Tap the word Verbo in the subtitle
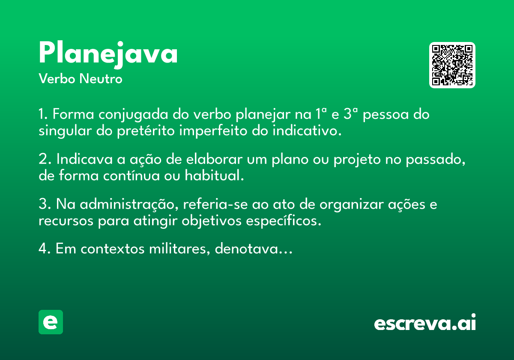pyautogui.click(x=57, y=79)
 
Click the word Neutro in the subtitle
pyautogui.click(x=101, y=79)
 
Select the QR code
pyautogui.click(x=452, y=65)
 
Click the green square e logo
pyautogui.click(x=51, y=322)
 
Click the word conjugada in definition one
pyautogui.click(x=133, y=114)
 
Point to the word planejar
pyautogui.click(x=263, y=114)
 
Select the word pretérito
pyautogui.click(x=146, y=131)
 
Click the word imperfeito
pyautogui.click(x=213, y=131)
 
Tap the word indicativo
pyautogui.click(x=307, y=131)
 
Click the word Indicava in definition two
pyautogui.click(x=84, y=159)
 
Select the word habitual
pyautogui.click(x=214, y=175)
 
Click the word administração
pyautogui.click(x=129, y=204)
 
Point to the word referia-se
pyautogui.click(x=215, y=204)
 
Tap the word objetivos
pyautogui.click(x=211, y=221)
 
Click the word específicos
pyautogui.click(x=284, y=221)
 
